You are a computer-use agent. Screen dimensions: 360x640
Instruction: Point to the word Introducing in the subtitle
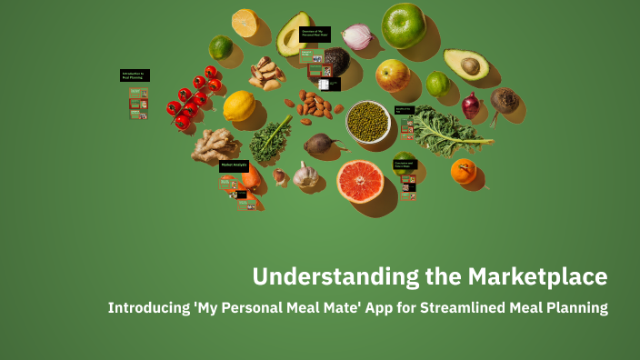tap(147, 307)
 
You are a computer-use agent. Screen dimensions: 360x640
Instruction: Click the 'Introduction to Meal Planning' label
tap(134, 75)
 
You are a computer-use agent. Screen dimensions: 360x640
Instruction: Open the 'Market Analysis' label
tap(234, 165)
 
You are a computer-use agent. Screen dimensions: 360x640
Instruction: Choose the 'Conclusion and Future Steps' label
tap(405, 165)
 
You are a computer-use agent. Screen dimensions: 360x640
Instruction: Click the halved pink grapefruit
tap(360, 180)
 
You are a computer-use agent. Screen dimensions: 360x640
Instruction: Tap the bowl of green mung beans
tap(368, 121)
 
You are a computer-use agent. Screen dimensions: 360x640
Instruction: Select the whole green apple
tap(404, 25)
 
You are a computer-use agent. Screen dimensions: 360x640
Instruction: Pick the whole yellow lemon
tap(239, 106)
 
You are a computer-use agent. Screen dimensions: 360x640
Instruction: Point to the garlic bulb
tap(306, 174)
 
